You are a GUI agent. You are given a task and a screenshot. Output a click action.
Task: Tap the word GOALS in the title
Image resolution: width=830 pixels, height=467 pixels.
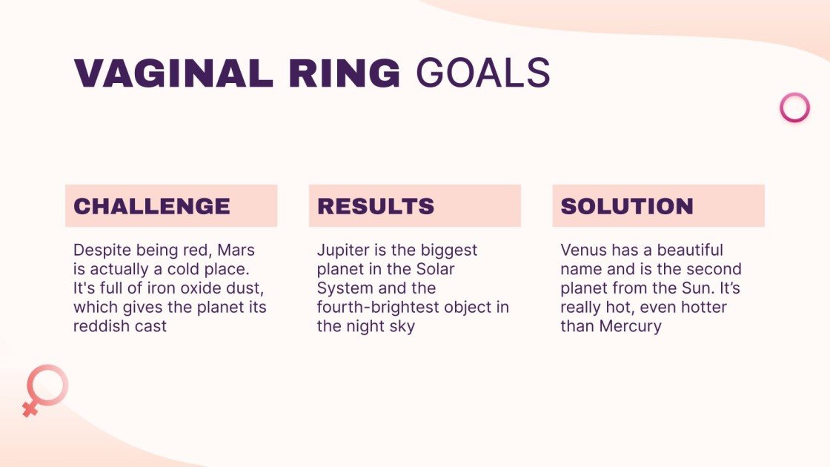click(482, 73)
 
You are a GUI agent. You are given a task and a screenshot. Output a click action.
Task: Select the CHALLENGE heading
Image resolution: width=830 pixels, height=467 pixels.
click(152, 206)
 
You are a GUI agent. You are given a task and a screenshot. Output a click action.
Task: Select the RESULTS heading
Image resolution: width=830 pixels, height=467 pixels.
click(376, 206)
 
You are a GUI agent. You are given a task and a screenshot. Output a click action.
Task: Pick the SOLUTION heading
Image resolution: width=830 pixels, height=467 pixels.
click(627, 206)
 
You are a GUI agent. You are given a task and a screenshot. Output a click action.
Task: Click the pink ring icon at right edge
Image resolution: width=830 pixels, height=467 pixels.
click(794, 107)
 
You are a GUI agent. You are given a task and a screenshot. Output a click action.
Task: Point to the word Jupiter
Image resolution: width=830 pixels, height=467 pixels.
click(342, 251)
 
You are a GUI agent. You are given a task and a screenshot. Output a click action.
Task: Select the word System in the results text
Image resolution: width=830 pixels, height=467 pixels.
click(343, 288)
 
